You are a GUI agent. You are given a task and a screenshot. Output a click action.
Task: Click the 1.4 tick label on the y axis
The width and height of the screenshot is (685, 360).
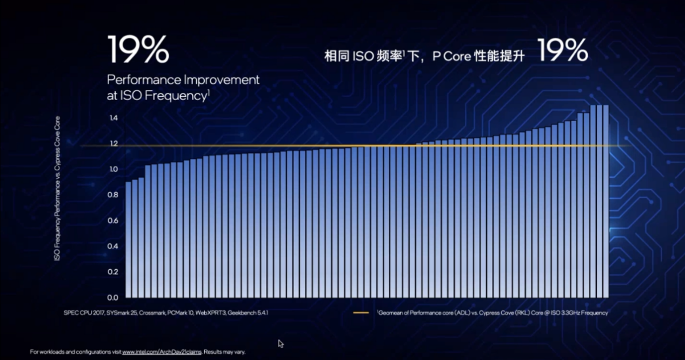point(114,118)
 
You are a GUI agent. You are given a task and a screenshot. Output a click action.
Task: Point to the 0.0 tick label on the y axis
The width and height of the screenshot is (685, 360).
point(112,298)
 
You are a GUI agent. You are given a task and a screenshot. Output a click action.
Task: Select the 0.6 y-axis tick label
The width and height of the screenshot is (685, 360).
point(113,221)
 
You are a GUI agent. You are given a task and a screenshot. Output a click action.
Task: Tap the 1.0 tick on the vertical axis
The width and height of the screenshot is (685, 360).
point(114,169)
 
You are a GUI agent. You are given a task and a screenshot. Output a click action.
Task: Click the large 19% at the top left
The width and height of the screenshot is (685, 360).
point(138,49)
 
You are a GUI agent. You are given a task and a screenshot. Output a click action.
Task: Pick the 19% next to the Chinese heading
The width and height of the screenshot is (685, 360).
point(562,50)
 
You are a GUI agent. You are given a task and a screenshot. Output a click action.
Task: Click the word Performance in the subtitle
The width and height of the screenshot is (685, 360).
point(144,80)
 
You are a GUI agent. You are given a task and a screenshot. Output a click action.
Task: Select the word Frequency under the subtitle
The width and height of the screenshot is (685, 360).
point(176,96)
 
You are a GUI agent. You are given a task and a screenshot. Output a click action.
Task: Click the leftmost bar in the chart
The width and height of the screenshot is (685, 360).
point(128,240)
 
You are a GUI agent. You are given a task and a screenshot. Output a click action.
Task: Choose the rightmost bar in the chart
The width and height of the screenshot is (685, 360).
point(606,201)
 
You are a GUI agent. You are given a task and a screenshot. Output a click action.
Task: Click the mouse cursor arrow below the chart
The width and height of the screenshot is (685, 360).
point(281,344)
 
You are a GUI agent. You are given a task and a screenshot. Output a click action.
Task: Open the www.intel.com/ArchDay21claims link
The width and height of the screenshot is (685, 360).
point(162,352)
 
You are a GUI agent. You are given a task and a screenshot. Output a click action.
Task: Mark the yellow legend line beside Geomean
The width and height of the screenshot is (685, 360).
point(361,312)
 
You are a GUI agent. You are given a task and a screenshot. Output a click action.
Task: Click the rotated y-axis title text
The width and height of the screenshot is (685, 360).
point(57,189)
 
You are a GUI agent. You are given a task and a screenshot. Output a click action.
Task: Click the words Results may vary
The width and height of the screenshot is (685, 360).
point(224,352)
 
